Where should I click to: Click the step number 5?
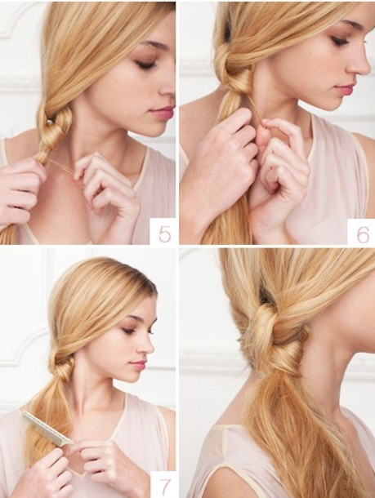(164, 234)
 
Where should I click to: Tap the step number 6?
(363, 234)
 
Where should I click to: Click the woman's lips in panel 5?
(163, 112)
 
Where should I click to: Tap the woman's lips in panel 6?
(345, 89)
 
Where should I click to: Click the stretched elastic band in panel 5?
(62, 167)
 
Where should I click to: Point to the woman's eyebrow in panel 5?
(154, 44)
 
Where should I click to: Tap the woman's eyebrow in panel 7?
(135, 319)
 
